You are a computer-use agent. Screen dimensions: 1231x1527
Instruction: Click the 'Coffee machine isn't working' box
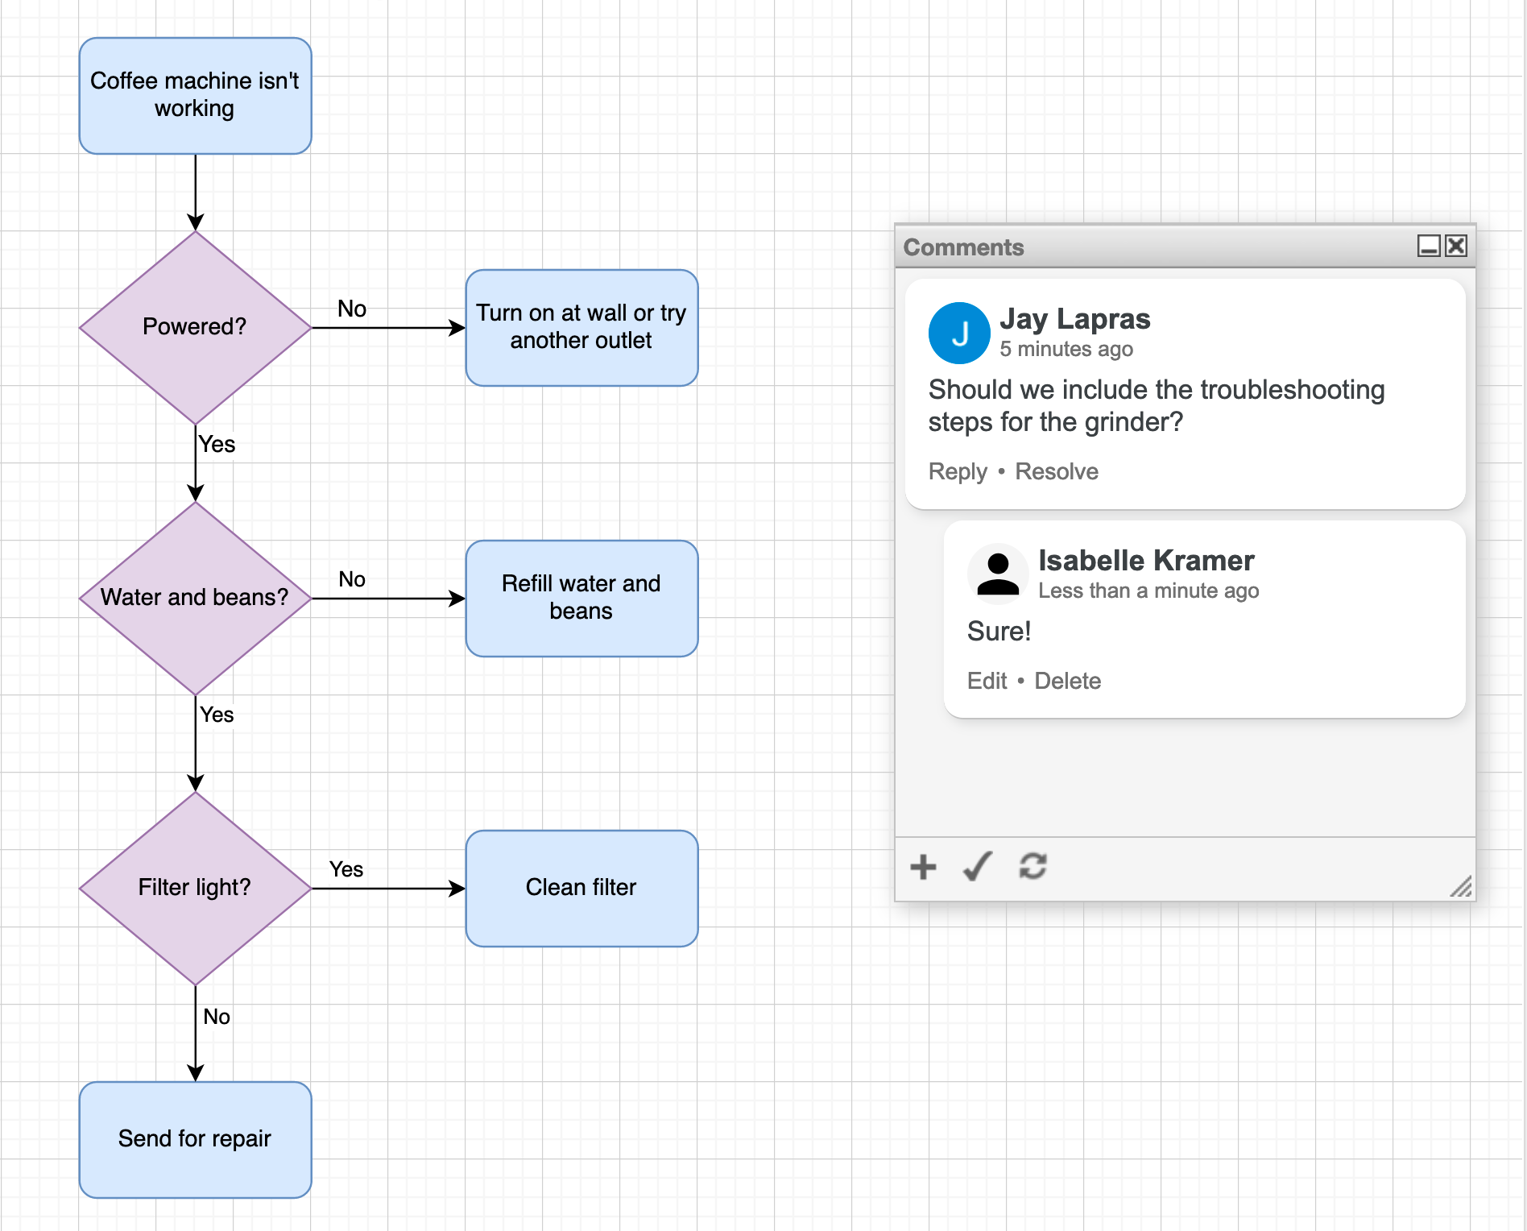coord(195,95)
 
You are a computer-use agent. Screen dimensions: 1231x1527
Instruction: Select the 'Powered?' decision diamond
coord(195,327)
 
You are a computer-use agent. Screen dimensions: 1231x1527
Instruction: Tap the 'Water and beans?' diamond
coord(195,598)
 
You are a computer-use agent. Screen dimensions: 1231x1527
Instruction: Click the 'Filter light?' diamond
coord(195,888)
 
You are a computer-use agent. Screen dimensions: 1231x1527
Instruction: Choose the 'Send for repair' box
coord(195,1139)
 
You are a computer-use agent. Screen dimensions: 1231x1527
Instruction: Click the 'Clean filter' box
coord(581,888)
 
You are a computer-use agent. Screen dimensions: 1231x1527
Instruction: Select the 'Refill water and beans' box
coord(581,598)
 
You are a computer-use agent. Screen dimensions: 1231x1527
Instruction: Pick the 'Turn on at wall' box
coord(581,327)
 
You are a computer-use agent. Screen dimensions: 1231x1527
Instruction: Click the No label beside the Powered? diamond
coord(352,309)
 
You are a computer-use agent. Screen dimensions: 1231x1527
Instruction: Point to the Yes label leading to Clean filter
coord(346,869)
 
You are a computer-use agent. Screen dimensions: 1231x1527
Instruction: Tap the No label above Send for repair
coord(217,1017)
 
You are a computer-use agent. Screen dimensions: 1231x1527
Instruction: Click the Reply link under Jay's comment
coord(957,471)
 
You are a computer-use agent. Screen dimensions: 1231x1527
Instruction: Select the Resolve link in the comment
coord(1056,471)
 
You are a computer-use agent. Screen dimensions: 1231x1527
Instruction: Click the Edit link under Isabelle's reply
coord(987,681)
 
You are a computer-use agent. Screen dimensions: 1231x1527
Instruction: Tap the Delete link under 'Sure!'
coord(1067,681)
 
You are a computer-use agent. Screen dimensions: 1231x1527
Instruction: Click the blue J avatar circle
coord(959,333)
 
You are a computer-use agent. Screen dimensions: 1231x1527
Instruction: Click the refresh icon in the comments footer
coord(1032,867)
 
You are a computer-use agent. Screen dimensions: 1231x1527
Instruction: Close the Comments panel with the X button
coord(1456,246)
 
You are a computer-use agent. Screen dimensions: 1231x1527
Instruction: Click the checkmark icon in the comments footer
coord(978,867)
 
